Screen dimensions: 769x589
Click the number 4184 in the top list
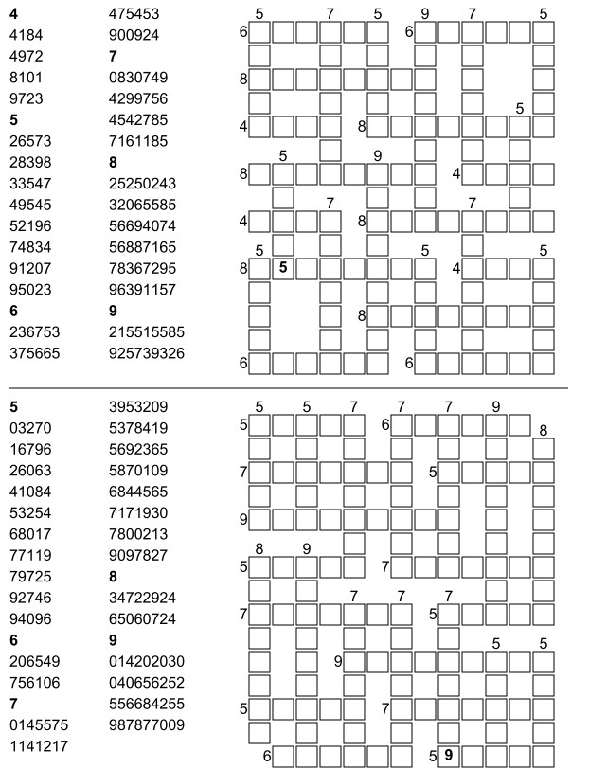tap(25, 34)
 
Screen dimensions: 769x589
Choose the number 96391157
tap(142, 288)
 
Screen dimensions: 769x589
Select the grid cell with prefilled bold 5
tap(283, 268)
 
